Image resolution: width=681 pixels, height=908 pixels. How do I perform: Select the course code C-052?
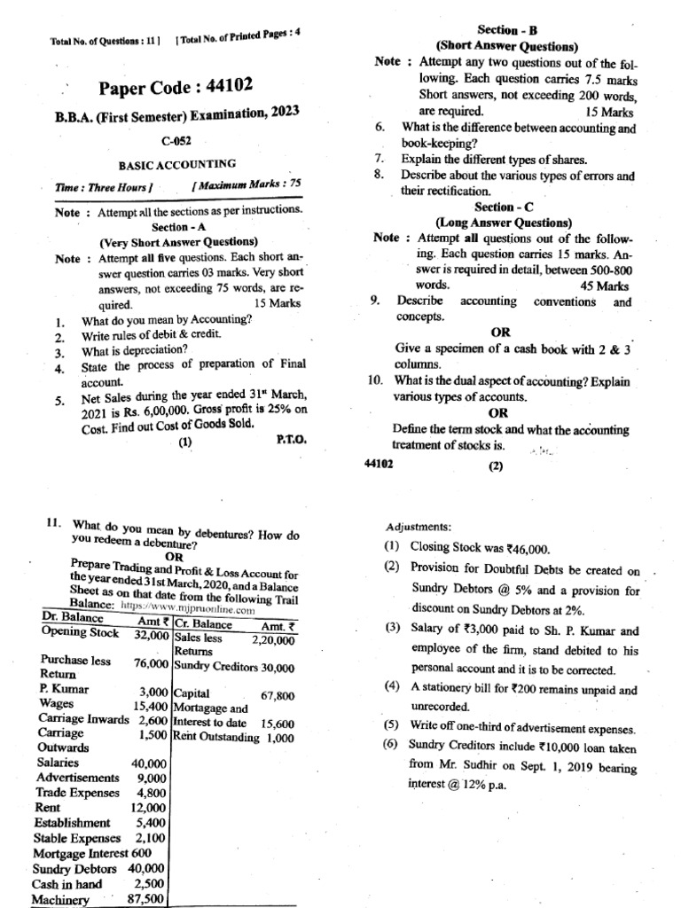coord(176,141)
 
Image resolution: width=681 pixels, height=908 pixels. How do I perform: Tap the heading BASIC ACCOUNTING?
coord(177,164)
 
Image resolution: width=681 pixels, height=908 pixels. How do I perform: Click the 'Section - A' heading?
coord(177,228)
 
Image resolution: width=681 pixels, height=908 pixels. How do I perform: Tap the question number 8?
coord(379,175)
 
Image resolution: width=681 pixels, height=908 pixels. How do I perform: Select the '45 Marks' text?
coord(605,286)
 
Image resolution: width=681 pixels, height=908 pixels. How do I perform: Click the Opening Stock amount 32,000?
coord(152,636)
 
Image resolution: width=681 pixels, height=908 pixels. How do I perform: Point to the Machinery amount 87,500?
coord(146,899)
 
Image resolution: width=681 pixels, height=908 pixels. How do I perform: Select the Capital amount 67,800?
coord(278,696)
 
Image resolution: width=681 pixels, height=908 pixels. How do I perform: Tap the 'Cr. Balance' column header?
coord(204,623)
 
